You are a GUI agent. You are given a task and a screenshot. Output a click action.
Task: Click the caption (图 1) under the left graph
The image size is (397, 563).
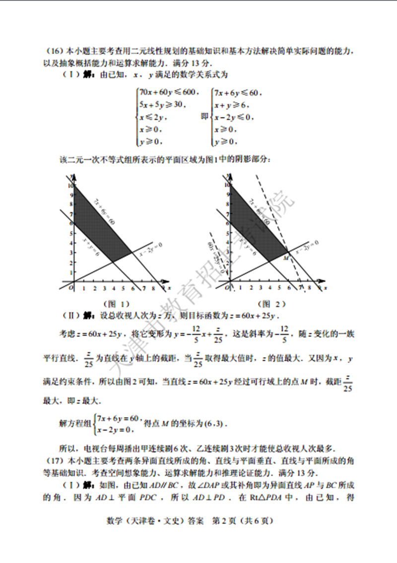tap(116, 304)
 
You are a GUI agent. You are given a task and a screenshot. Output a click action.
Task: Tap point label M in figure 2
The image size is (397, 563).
tap(285, 258)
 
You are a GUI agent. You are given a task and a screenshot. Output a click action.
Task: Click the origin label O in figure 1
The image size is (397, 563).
tap(70, 287)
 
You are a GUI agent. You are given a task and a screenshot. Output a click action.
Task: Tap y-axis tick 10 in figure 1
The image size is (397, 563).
tap(69, 185)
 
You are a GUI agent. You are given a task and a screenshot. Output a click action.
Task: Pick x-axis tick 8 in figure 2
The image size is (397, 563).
tap(310, 288)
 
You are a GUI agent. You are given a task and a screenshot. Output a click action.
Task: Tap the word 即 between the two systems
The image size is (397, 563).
tap(203, 117)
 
